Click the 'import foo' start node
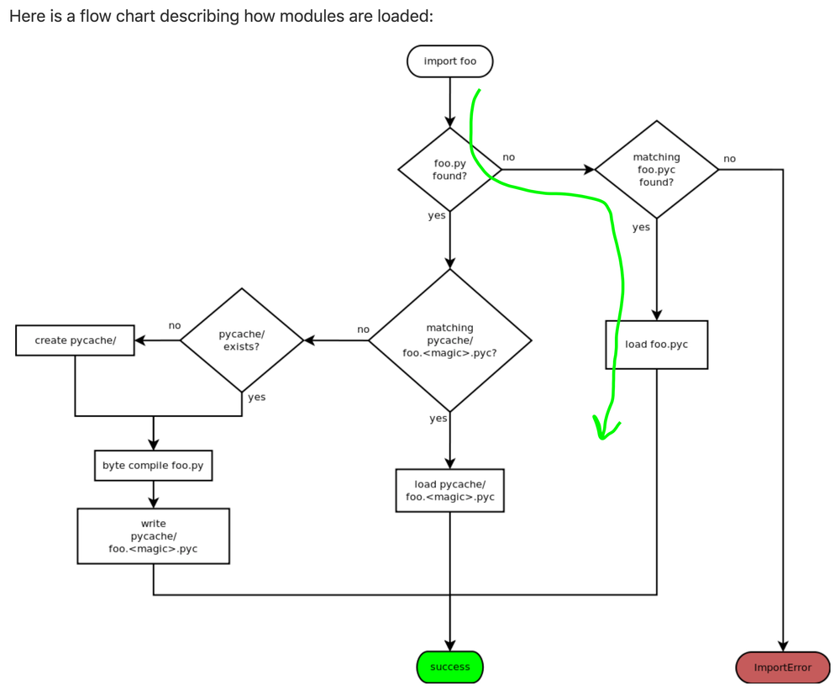(x=449, y=61)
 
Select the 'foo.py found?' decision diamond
(x=449, y=169)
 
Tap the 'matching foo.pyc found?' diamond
(x=656, y=169)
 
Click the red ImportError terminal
(x=782, y=667)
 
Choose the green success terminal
(x=449, y=667)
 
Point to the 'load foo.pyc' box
(x=656, y=345)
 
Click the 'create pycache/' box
(x=75, y=340)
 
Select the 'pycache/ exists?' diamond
(x=241, y=340)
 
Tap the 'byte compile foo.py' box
(x=153, y=465)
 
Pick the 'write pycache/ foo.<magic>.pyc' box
(x=153, y=536)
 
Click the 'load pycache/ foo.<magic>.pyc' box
(x=449, y=490)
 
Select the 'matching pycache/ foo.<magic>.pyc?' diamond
(x=449, y=340)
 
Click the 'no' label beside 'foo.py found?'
(x=508, y=157)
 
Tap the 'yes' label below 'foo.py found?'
(x=436, y=216)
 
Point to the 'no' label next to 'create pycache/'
(x=175, y=325)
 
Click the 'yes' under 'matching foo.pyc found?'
(x=641, y=227)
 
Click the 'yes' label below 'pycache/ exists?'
(x=256, y=397)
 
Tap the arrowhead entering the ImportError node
(x=782, y=646)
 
